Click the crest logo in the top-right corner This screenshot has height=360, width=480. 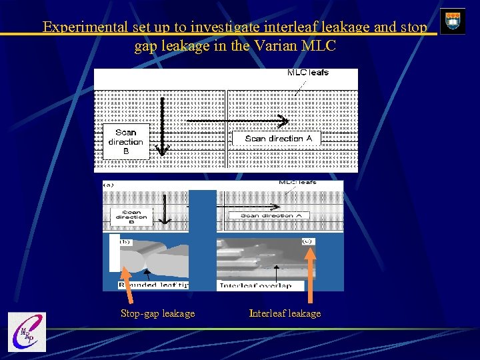[x=453, y=21]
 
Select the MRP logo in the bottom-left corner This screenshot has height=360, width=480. [x=27, y=332]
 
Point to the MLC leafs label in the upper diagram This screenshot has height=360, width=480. [x=307, y=73]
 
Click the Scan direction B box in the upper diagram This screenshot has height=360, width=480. [x=125, y=141]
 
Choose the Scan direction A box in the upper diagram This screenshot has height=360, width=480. [x=275, y=138]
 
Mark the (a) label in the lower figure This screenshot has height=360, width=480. [x=109, y=183]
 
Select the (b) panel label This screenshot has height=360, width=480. [x=125, y=242]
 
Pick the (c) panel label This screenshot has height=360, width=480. [x=307, y=241]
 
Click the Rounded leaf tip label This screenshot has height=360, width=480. [x=154, y=285]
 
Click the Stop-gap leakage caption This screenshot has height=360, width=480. [x=157, y=313]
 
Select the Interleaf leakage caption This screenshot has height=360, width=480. [x=285, y=313]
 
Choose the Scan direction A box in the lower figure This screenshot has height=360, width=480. [x=275, y=216]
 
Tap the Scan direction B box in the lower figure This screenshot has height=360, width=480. [x=131, y=216]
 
